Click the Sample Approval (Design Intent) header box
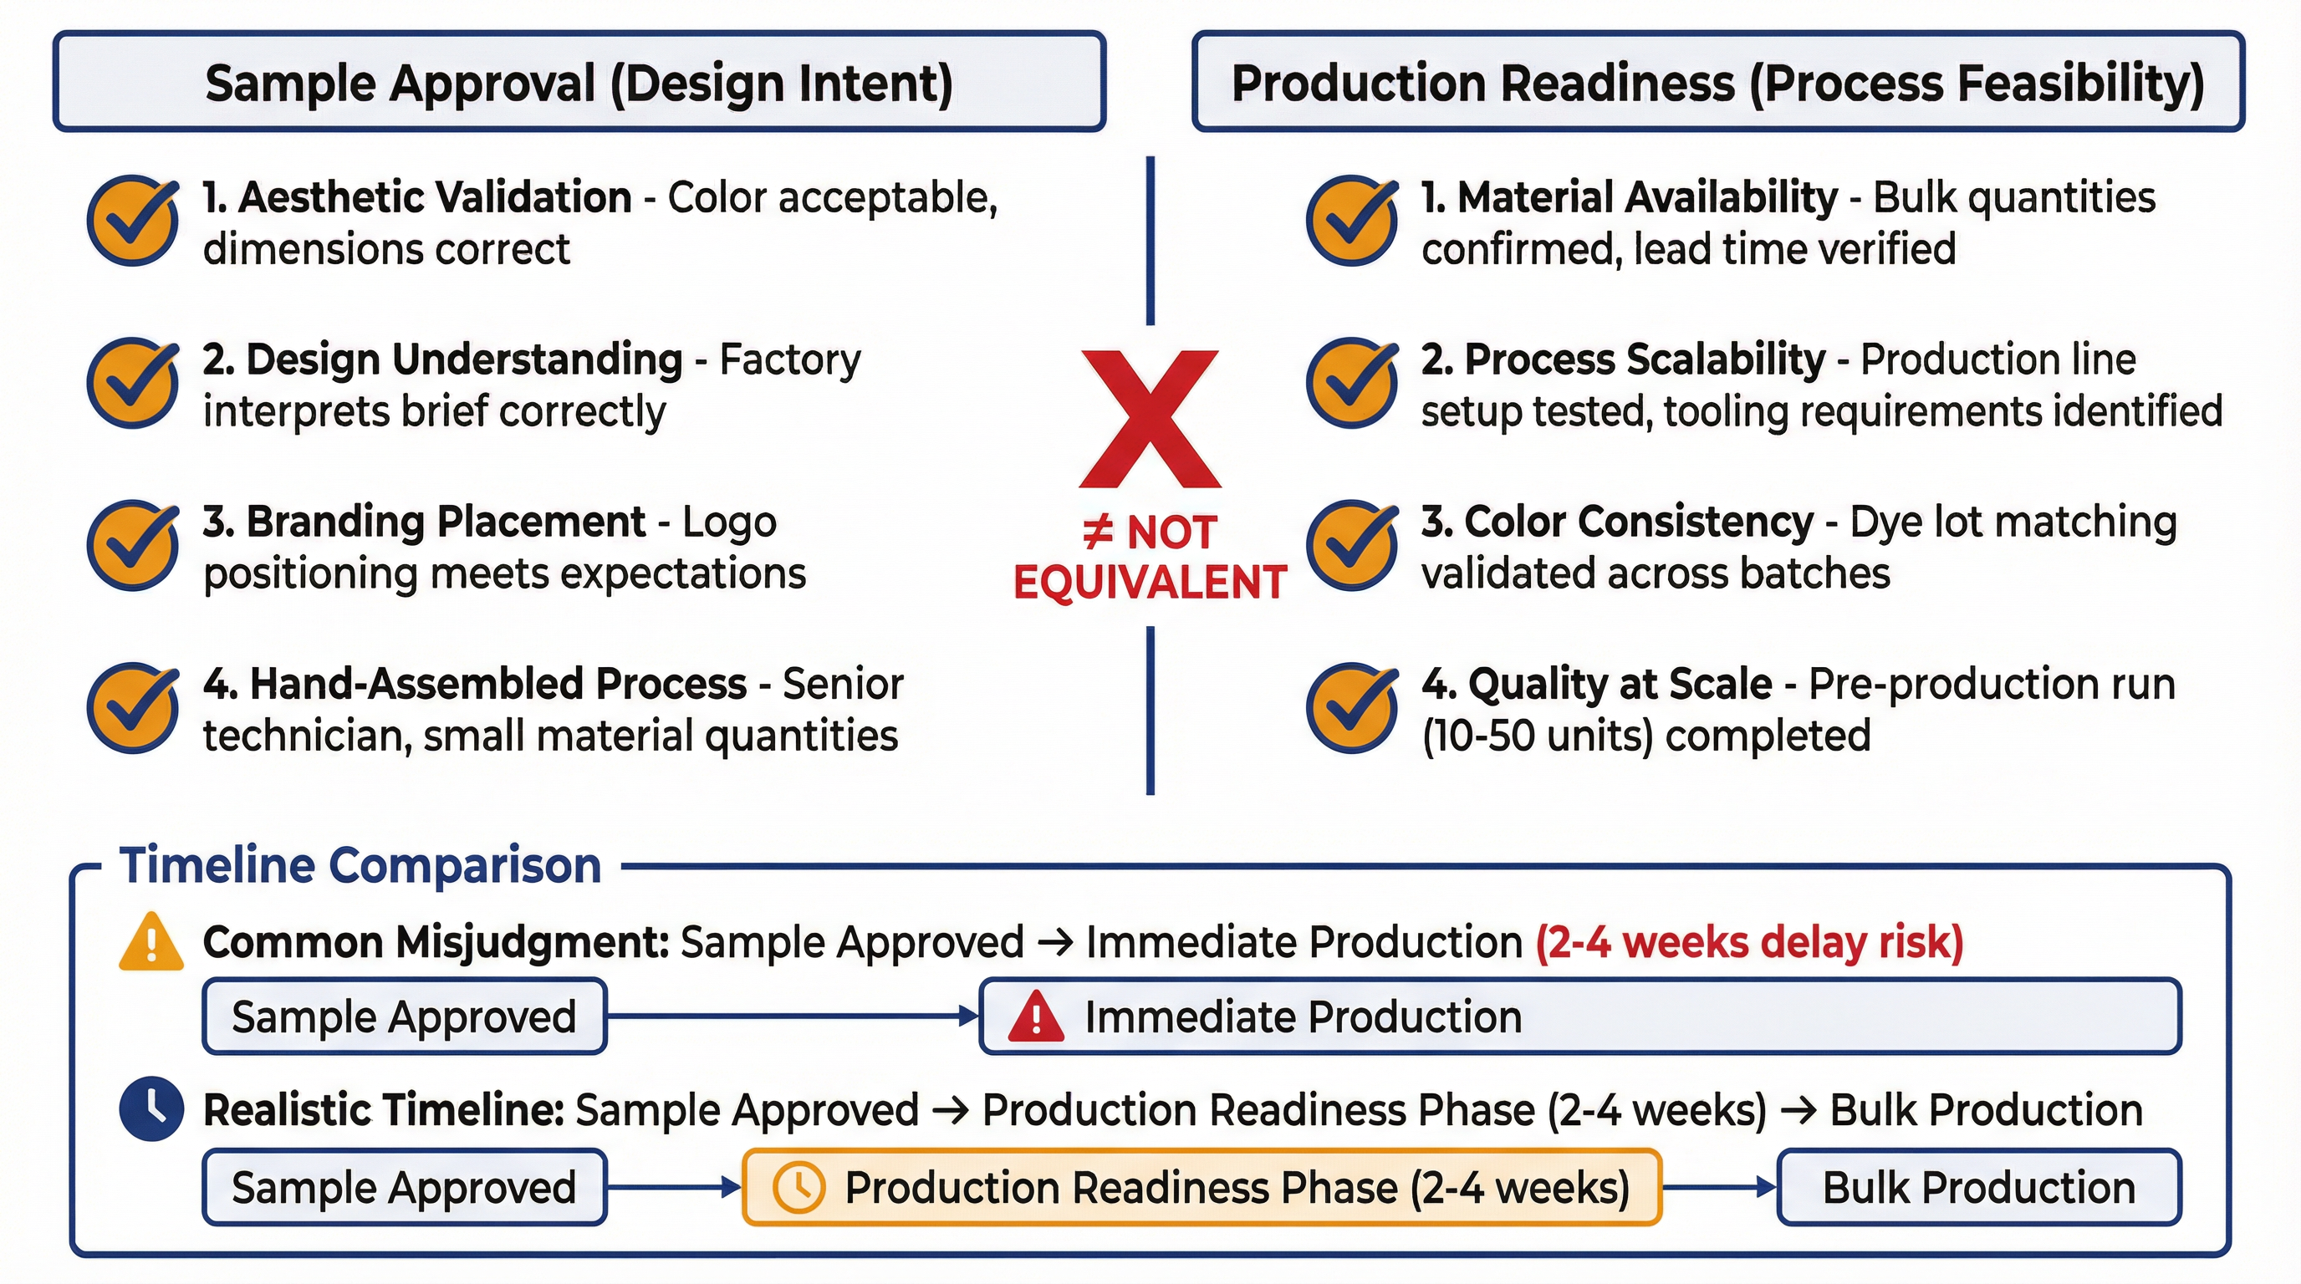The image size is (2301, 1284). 579,82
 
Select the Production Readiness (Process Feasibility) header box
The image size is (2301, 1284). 1717,82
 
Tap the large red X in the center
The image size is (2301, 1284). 1150,419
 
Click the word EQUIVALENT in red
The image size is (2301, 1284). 1150,582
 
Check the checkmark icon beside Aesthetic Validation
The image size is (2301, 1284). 132,221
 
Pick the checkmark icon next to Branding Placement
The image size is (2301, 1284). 132,545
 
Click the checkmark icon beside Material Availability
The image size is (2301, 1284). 1351,221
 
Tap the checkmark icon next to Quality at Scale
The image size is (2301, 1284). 1351,707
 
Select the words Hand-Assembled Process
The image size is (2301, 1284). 474,684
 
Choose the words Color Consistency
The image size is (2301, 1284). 1617,522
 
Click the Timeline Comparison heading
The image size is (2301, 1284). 360,865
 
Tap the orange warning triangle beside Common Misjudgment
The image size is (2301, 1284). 151,942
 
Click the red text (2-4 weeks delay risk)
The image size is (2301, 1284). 1749,942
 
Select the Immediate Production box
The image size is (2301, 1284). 1580,1016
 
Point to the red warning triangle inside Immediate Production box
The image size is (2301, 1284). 1035,1017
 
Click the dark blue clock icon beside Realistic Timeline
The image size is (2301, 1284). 152,1109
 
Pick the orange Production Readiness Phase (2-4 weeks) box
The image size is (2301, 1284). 1202,1187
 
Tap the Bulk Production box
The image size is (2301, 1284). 1978,1187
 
